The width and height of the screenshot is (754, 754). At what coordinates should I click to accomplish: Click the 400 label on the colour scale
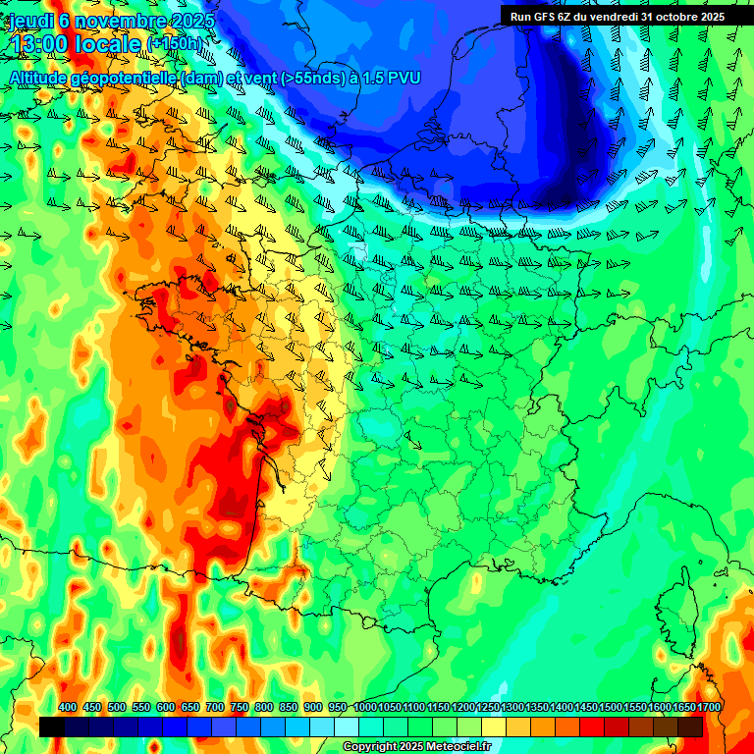click(68, 707)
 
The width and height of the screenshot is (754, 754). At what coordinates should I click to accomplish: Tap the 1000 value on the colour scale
click(365, 707)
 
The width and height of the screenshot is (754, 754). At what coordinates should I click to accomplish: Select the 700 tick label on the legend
click(215, 707)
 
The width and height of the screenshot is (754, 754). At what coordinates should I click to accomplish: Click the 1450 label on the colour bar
click(586, 707)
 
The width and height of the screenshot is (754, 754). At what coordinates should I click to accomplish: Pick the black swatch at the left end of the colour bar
click(52, 727)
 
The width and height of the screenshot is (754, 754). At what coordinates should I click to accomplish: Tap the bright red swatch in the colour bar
click(592, 727)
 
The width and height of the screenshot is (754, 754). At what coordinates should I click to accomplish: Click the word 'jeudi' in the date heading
click(31, 20)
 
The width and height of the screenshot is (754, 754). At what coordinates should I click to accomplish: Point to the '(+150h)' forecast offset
click(176, 44)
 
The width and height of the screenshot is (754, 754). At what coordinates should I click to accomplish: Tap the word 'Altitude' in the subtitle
click(41, 77)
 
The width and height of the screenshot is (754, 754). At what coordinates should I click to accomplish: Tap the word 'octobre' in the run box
click(670, 16)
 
